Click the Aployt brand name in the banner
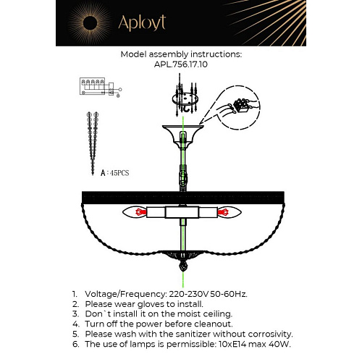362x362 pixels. click(x=142, y=23)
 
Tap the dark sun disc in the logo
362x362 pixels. click(x=90, y=23)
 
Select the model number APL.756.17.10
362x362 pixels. click(x=181, y=64)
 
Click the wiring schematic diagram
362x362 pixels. click(x=101, y=88)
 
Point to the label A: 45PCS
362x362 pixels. click(x=114, y=173)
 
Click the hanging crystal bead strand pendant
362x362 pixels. click(x=93, y=143)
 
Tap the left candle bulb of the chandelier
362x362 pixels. click(x=135, y=212)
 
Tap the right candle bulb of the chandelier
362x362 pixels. click(x=230, y=212)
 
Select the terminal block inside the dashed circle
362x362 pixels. click(x=242, y=105)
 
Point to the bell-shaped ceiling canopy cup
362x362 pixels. click(x=183, y=137)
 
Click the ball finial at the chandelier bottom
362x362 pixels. click(x=183, y=266)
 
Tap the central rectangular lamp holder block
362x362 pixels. click(x=182, y=212)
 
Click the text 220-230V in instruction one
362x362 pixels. click(x=189, y=294)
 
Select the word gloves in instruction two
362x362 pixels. click(x=151, y=305)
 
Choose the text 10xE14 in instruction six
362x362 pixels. click(x=232, y=344)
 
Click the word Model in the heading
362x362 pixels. click(x=133, y=54)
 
